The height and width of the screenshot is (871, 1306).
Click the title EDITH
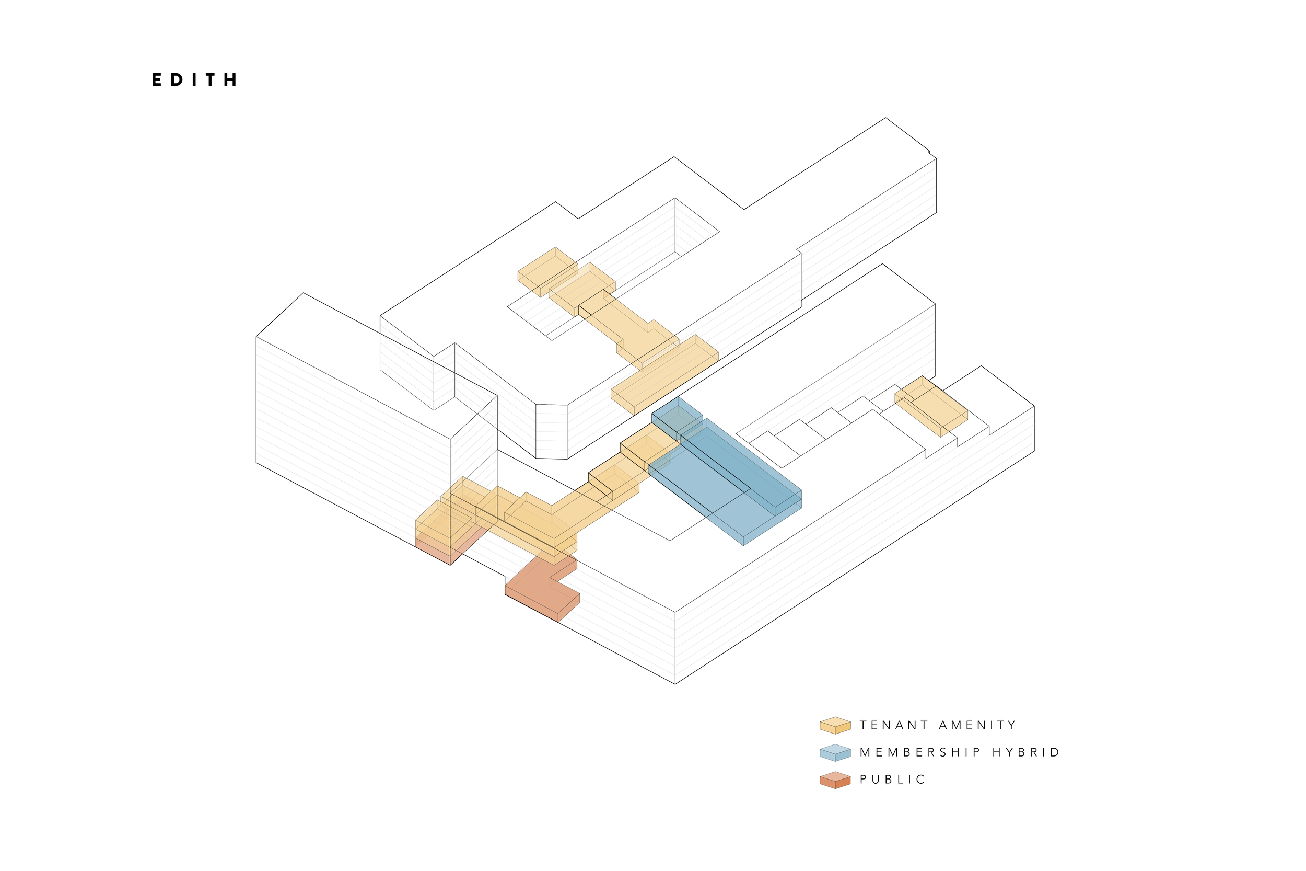194,80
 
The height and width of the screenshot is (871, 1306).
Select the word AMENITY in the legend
977,725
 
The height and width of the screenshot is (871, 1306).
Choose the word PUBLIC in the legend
892,780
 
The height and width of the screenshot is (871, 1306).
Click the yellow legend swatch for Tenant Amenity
835,725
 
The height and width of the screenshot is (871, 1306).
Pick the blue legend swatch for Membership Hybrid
835,753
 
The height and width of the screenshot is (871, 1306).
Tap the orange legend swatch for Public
835,780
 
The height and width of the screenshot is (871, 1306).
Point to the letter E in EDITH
157,80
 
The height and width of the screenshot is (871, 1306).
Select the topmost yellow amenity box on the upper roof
547,270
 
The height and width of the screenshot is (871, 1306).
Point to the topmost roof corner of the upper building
885,118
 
